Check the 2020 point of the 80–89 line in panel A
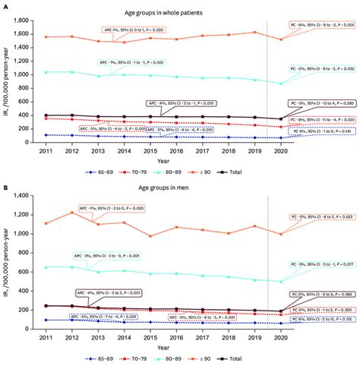point(282,84)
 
